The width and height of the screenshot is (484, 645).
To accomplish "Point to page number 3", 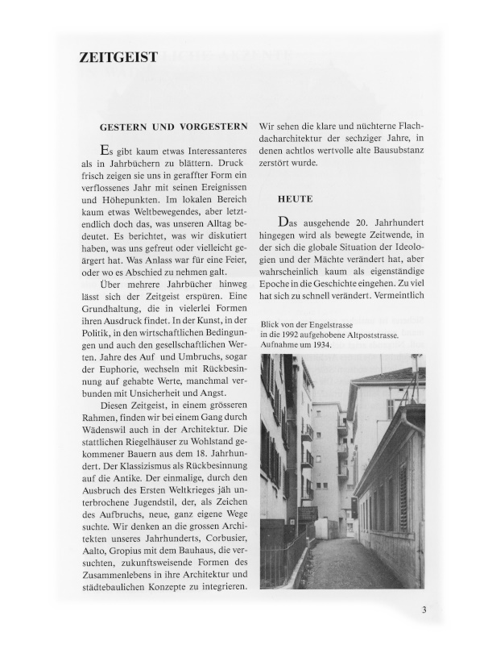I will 424,610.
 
